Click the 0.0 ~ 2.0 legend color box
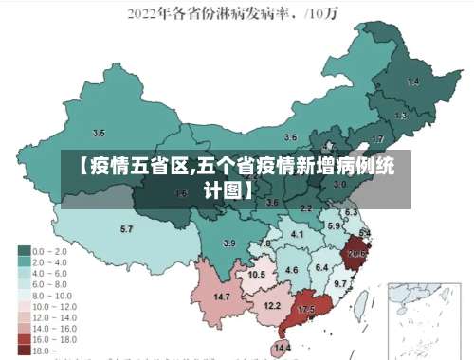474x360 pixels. point(25,251)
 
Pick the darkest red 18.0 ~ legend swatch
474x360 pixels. point(25,351)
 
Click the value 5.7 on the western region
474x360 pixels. point(126,229)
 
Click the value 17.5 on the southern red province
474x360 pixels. point(306,310)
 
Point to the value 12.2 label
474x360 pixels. point(272,305)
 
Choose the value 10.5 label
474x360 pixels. point(256,274)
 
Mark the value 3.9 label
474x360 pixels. point(228,243)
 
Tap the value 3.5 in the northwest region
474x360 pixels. point(99,134)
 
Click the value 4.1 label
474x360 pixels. point(298,234)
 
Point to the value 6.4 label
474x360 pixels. point(322,268)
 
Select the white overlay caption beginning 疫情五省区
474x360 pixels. point(236,177)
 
